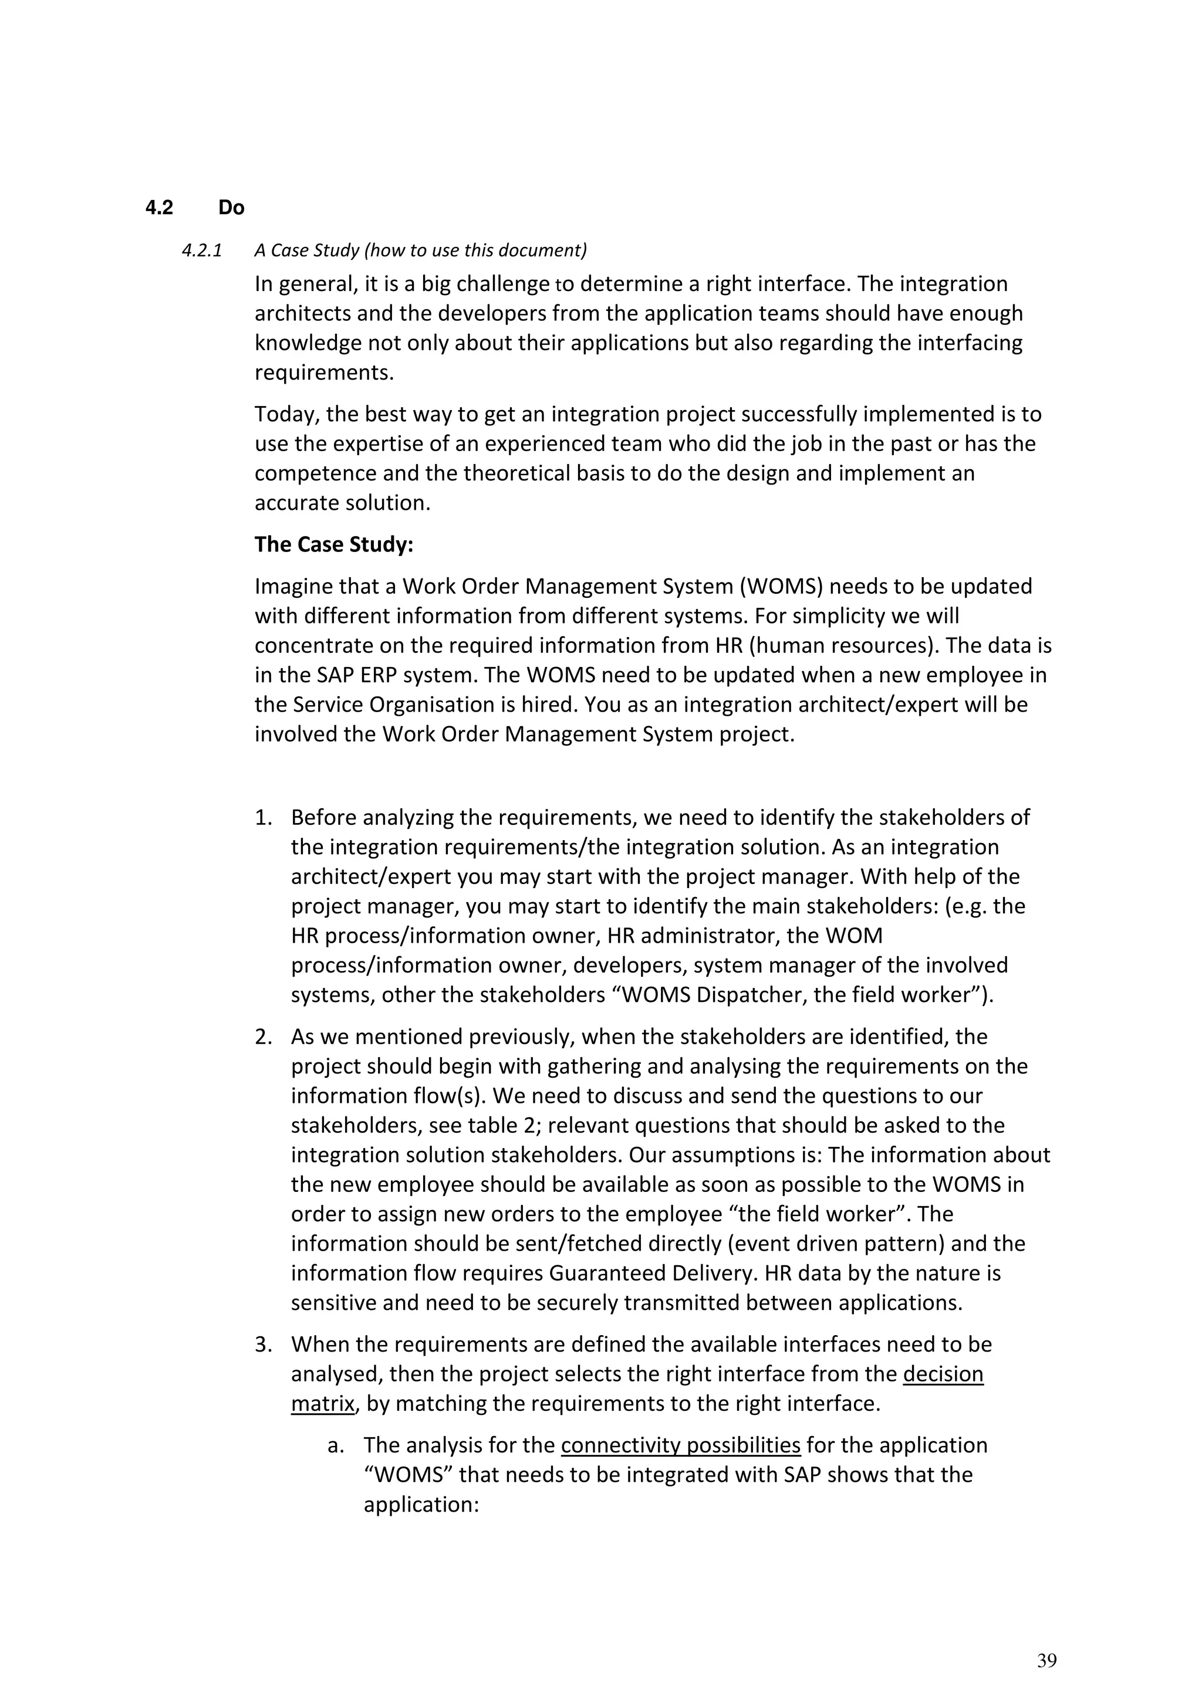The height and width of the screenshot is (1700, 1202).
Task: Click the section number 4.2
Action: click(158, 208)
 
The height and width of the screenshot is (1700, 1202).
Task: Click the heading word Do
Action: click(231, 208)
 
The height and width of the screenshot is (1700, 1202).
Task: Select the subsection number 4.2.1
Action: click(201, 250)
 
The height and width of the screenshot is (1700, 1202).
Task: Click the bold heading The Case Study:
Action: click(333, 544)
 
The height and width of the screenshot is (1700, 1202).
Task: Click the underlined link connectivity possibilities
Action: click(681, 1445)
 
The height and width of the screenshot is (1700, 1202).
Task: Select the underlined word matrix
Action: click(322, 1403)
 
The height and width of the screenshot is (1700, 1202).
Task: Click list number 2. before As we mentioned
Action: click(264, 1036)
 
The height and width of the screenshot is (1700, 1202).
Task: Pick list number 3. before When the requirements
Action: click(264, 1344)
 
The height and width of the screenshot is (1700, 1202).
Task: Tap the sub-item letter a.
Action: click(336, 1445)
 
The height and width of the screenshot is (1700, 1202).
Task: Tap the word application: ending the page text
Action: click(421, 1504)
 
